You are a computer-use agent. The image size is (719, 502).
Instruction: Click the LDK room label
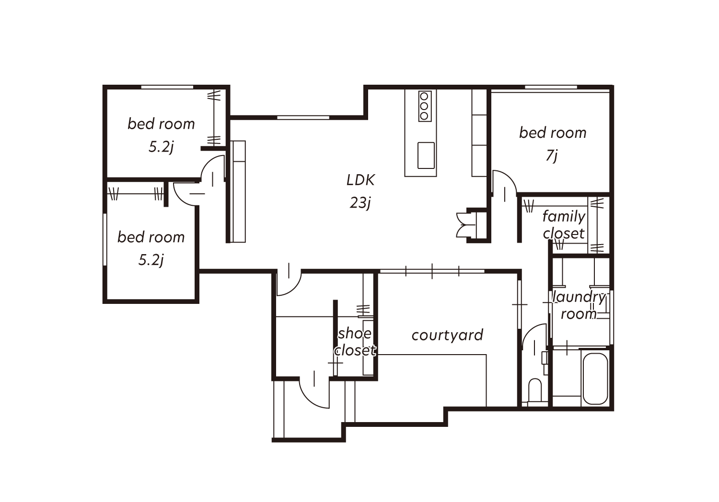[x=360, y=180]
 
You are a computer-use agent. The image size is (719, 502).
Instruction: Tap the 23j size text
[x=360, y=203]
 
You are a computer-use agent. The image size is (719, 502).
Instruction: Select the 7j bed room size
[x=552, y=156]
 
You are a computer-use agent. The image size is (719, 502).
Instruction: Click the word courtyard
[x=447, y=335]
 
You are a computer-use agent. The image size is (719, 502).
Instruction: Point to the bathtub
[x=595, y=379]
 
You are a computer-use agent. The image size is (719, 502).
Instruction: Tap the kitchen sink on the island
[x=426, y=156]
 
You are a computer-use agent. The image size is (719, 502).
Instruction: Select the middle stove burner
[x=424, y=106]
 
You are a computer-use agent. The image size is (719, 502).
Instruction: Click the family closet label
[x=564, y=225]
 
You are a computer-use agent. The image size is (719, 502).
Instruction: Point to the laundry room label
[x=579, y=306]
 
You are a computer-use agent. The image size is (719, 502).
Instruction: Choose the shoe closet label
[x=355, y=342]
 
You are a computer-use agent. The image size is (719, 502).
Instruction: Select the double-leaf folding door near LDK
[x=465, y=225]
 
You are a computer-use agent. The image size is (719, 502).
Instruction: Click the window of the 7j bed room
[x=551, y=87]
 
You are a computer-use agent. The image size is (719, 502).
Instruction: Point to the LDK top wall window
[x=303, y=118]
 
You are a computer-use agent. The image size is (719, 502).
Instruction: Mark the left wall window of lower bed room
[x=104, y=239]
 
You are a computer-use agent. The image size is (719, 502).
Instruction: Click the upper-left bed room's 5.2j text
[x=161, y=147]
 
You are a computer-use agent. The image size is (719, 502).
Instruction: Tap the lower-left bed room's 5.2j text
[x=151, y=260]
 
